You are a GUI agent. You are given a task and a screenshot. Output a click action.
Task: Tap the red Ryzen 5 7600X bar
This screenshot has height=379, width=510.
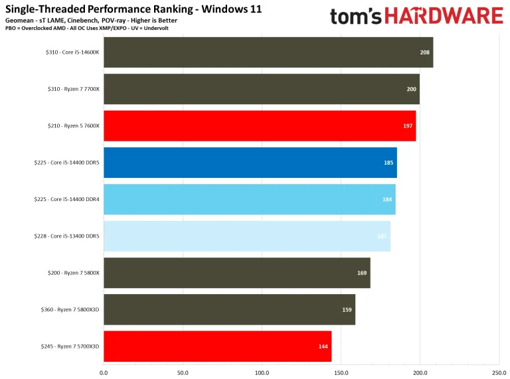260,126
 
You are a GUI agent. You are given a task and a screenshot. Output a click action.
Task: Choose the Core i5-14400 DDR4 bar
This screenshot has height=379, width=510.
250,199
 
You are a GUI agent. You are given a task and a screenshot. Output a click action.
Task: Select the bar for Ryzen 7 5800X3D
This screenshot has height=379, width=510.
229,309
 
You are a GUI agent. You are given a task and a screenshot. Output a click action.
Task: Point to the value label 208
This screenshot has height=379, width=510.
425,52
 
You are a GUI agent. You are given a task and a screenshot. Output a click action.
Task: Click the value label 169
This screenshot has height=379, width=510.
362,273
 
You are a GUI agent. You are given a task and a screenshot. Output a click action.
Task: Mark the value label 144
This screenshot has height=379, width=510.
323,346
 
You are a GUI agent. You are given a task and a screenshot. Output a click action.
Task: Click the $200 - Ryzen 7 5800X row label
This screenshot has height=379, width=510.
66,273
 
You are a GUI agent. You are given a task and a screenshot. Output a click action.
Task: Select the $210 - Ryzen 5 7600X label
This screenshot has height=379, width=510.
66,126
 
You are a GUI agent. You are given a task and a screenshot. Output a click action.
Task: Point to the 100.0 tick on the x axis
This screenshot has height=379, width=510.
262,373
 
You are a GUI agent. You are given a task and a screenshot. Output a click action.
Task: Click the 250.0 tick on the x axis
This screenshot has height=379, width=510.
499,373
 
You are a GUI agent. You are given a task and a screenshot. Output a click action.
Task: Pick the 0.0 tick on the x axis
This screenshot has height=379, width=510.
104,373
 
